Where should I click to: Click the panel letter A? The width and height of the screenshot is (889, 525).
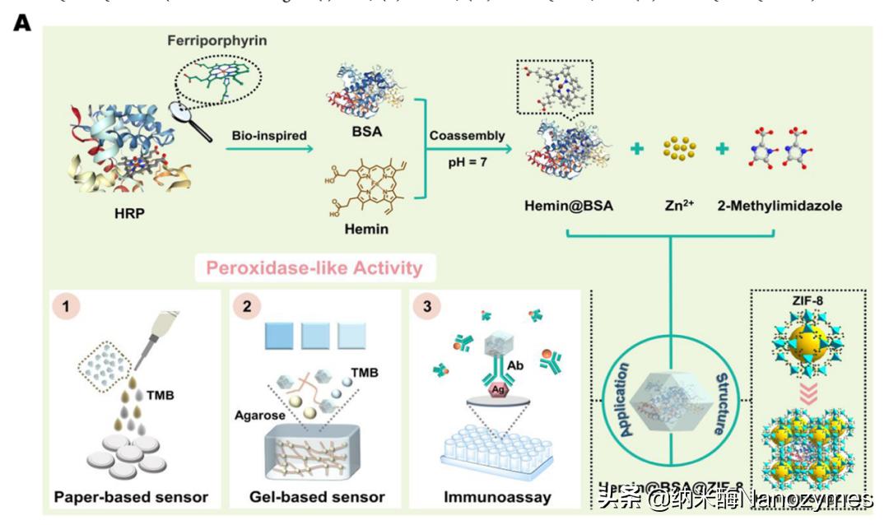point(22,22)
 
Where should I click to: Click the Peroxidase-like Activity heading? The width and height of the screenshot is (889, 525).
point(314,267)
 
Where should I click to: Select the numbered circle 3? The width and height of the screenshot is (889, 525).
point(428,309)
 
